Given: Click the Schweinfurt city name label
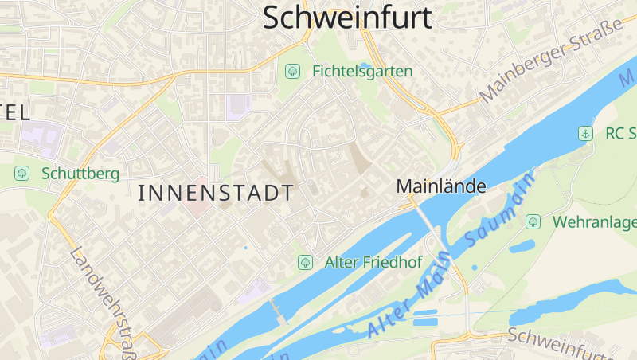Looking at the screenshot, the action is [x=346, y=18].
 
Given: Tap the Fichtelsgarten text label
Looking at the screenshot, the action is [x=362, y=72].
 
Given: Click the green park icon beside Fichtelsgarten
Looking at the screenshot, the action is [x=292, y=72].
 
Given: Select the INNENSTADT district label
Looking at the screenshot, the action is [x=216, y=193].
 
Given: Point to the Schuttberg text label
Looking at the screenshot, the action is [x=80, y=173].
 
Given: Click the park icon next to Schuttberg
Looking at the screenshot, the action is [x=21, y=173].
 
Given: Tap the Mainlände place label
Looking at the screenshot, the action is [x=441, y=186].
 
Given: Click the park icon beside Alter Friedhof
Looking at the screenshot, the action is [x=304, y=261].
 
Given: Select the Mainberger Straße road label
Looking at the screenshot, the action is [x=551, y=63].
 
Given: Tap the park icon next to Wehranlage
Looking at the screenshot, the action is [x=533, y=221].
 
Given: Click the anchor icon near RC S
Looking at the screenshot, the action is [x=585, y=133].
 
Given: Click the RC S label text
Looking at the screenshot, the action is [x=620, y=133].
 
